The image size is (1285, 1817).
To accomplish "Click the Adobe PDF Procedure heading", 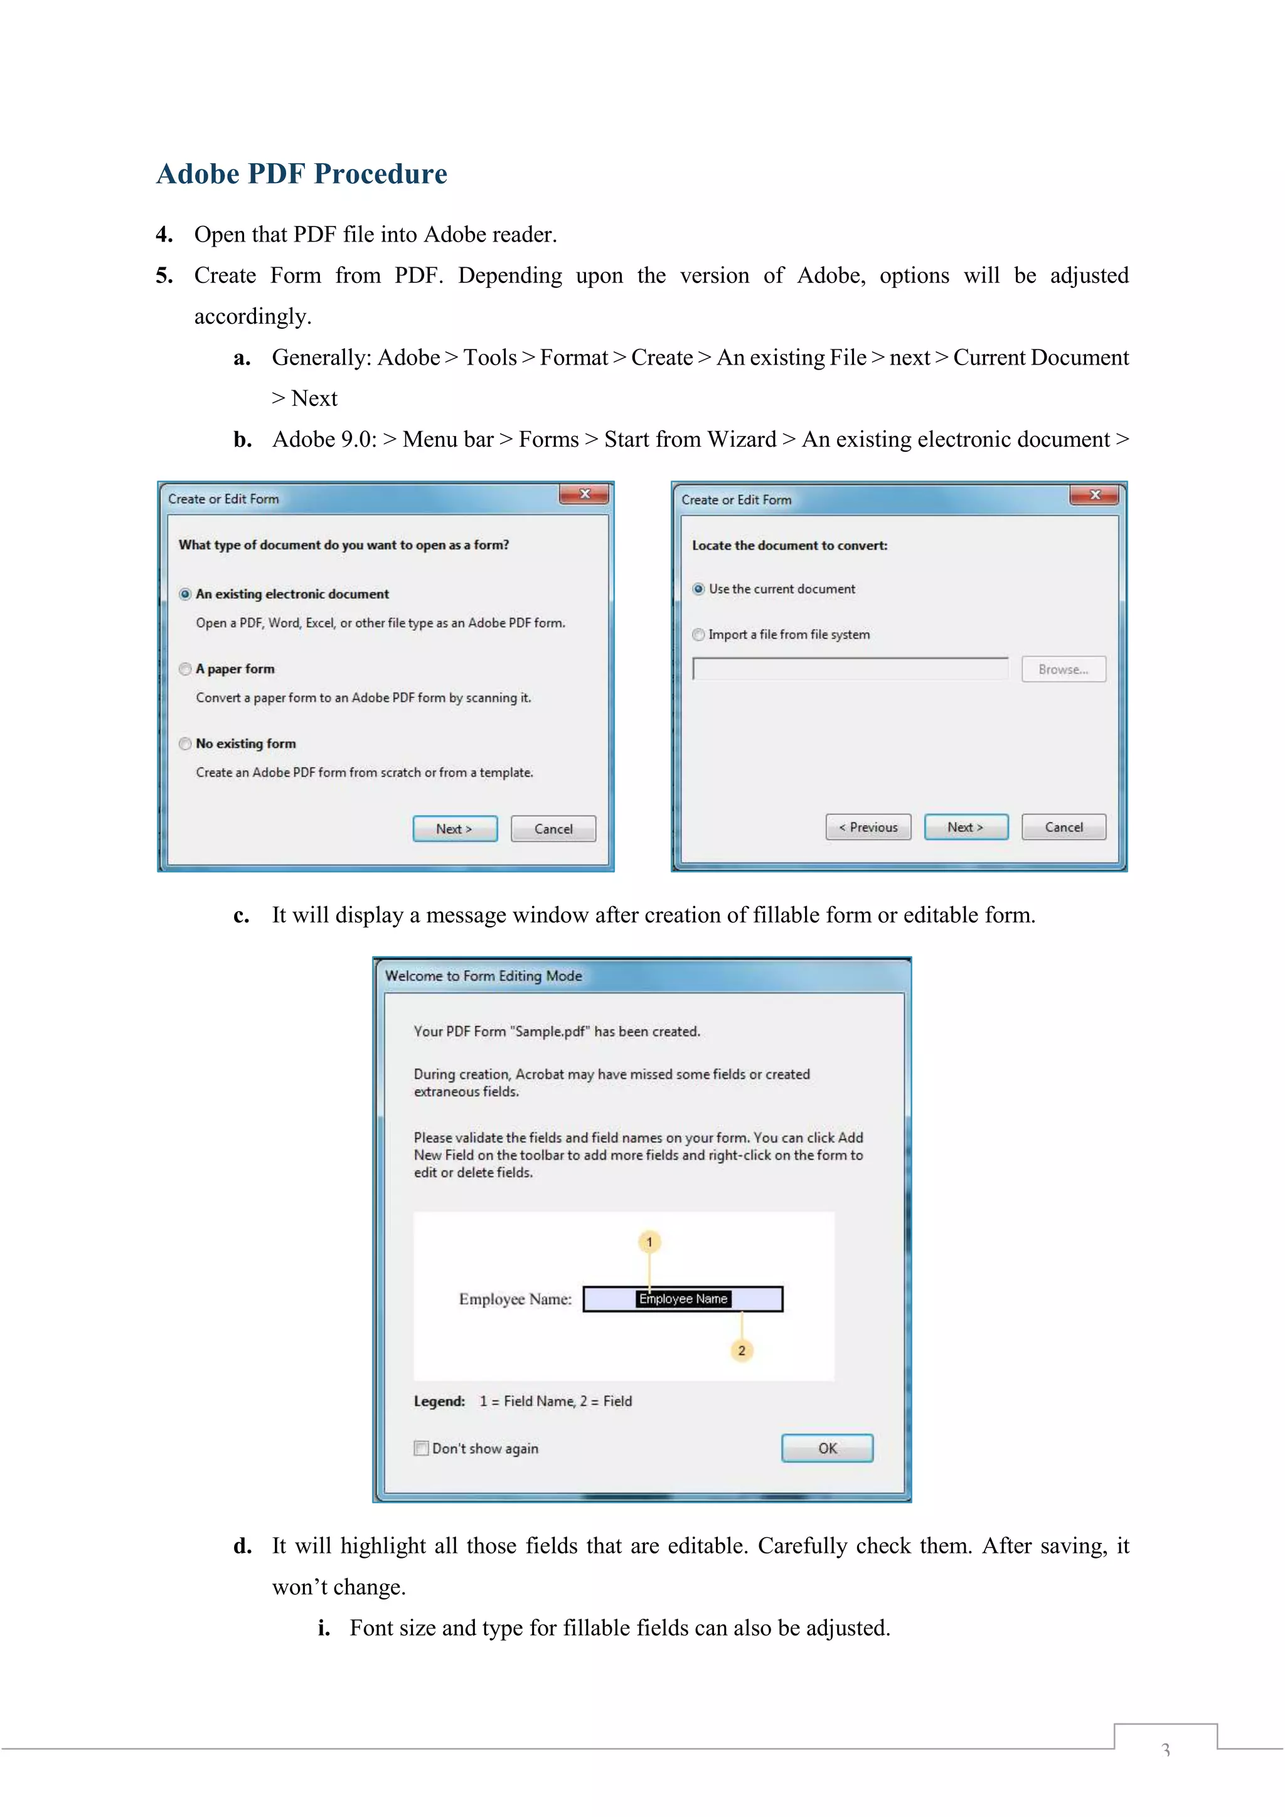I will [301, 173].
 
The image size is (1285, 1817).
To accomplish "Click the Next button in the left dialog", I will [455, 829].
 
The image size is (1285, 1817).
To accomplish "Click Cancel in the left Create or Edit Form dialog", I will [553, 829].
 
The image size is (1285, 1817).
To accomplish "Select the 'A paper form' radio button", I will [185, 669].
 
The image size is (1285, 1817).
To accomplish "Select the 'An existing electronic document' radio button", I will [185, 594].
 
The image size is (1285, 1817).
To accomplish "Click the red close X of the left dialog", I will [584, 494].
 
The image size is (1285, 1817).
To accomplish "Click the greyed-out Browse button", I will [1063, 669].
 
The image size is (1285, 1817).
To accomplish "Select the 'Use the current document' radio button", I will [699, 589].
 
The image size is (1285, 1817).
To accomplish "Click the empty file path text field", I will [850, 669].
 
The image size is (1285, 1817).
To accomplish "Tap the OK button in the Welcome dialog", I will [827, 1448].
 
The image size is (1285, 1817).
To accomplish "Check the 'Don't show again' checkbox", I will [421, 1448].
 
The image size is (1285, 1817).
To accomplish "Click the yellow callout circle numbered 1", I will [649, 1242].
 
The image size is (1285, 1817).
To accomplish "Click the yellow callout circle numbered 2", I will [742, 1350].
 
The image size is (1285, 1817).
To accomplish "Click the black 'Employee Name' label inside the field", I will [683, 1299].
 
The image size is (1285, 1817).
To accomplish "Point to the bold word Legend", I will [439, 1401].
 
